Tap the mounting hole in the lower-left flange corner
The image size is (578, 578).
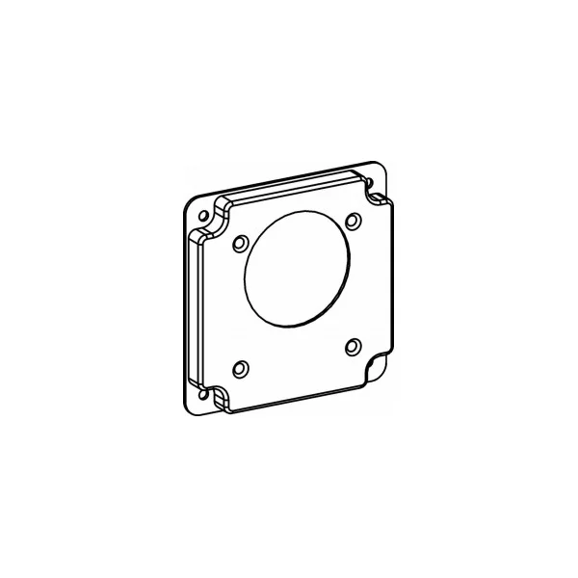coord(204,394)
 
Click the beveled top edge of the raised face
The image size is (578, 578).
coord(299,183)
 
